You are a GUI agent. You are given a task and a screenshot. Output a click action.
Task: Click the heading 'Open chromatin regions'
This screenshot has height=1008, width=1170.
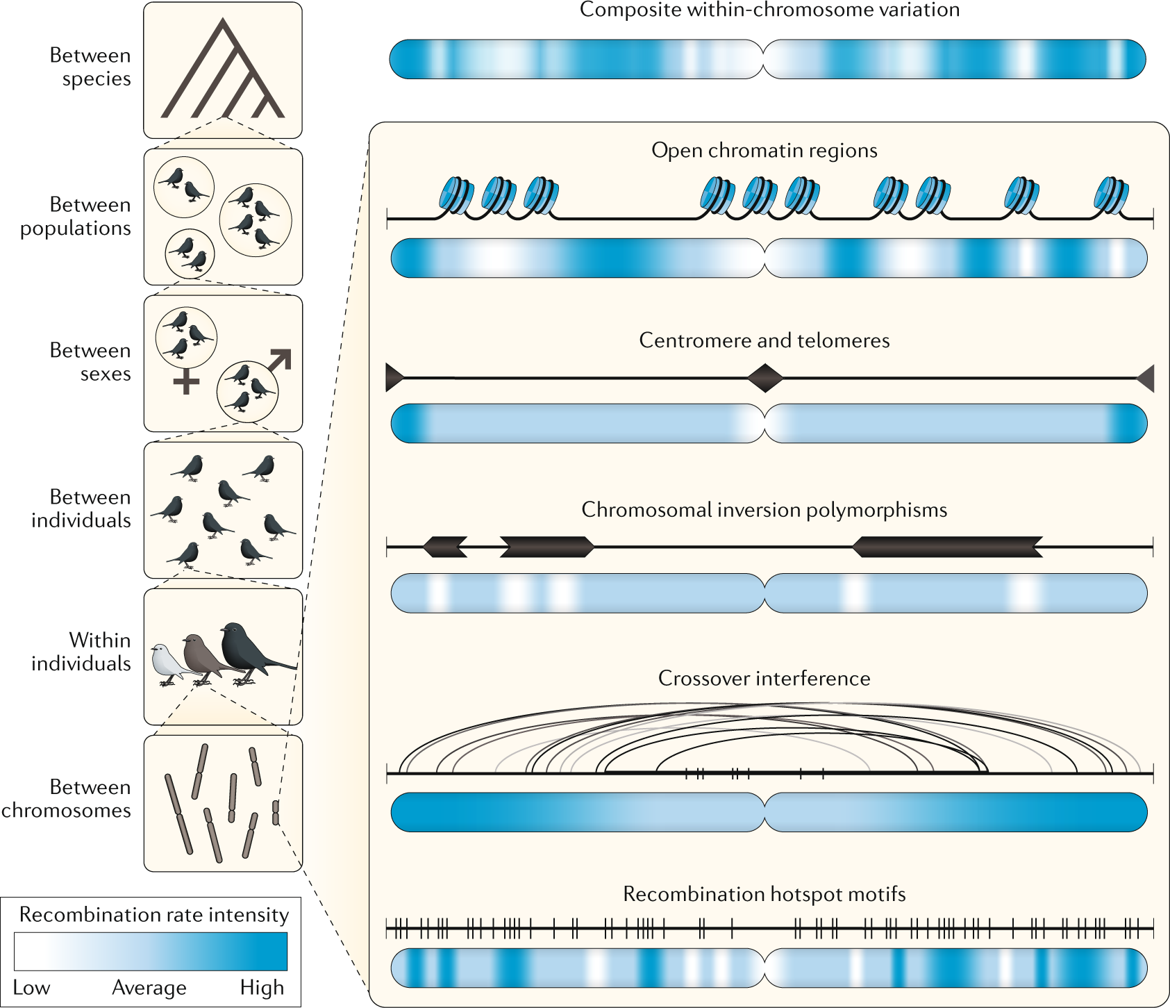coord(764,151)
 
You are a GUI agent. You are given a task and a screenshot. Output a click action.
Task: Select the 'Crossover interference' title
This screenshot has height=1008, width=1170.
coord(764,678)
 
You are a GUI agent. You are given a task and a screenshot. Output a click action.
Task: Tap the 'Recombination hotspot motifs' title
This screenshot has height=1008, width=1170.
coord(764,893)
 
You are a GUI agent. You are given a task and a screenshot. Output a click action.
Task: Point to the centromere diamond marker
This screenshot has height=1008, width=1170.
coord(765,378)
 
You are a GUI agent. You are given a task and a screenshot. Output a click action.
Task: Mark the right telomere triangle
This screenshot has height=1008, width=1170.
coord(1146,378)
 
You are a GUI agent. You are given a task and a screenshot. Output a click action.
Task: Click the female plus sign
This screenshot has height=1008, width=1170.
coord(186,381)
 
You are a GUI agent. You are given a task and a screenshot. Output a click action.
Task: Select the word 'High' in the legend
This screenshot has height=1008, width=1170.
coord(262,987)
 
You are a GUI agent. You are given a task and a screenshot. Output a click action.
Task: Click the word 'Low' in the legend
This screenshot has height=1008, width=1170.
coord(31,987)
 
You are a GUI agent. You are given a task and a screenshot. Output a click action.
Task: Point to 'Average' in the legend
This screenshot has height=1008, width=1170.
coord(149,987)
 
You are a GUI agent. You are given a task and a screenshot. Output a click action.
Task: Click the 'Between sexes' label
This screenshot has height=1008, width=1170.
coord(90,362)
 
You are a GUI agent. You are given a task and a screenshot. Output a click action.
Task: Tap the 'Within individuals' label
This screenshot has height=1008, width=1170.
coord(81,652)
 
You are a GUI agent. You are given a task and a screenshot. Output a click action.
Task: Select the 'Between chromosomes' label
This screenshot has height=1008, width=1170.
coord(67,798)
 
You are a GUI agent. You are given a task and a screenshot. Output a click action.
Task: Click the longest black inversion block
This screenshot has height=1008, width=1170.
coord(947,547)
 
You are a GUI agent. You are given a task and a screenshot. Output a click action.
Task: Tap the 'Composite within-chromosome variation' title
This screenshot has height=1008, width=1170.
coord(769,10)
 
